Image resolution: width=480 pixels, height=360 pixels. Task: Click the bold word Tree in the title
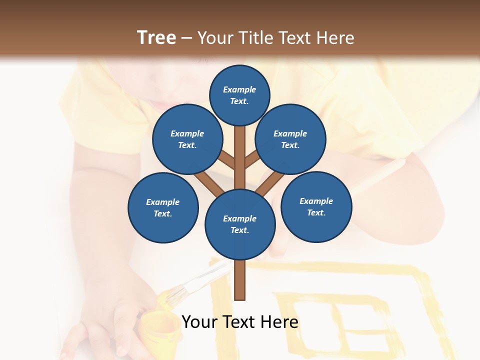point(156,37)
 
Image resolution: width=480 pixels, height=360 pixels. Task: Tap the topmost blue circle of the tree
point(239,95)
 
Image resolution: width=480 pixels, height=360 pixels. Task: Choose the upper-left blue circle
point(187,139)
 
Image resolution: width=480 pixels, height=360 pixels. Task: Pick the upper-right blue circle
point(290,139)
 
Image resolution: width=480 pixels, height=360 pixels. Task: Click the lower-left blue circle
point(163,207)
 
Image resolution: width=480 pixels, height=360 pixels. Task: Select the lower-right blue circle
point(316,206)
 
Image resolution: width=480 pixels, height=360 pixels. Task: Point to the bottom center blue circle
point(240,224)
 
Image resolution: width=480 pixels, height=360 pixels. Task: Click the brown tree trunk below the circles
point(240,280)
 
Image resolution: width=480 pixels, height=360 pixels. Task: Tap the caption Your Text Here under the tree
point(240,322)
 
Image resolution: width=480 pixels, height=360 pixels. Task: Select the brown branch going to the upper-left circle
point(226,160)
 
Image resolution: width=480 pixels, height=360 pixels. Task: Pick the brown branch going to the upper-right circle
point(251,160)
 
